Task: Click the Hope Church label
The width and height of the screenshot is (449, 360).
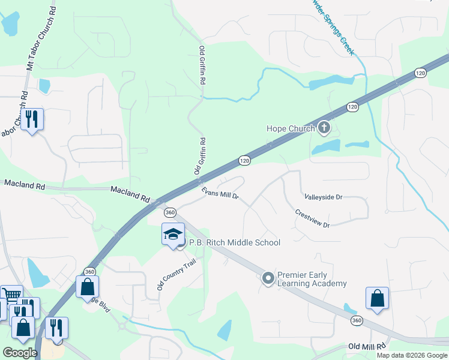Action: pyautogui.click(x=291, y=128)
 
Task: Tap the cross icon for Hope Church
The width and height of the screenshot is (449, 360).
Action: pyautogui.click(x=324, y=127)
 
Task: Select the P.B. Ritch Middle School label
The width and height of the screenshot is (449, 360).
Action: pyautogui.click(x=235, y=243)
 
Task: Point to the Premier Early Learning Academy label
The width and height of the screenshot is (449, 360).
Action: pyautogui.click(x=312, y=279)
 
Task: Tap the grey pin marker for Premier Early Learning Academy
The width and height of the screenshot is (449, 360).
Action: pyautogui.click(x=268, y=278)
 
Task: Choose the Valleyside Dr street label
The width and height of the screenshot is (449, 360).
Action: pyautogui.click(x=323, y=197)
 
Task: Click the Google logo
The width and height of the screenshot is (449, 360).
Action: pyautogui.click(x=20, y=352)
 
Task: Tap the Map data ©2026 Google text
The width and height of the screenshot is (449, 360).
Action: pyautogui.click(x=411, y=355)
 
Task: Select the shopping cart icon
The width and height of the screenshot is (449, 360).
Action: pyautogui.click(x=11, y=294)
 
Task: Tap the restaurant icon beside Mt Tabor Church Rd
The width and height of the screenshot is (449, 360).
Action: pyautogui.click(x=32, y=119)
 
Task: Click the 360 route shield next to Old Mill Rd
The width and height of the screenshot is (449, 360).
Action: pyautogui.click(x=357, y=321)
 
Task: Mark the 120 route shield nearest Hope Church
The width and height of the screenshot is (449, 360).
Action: pyautogui.click(x=352, y=107)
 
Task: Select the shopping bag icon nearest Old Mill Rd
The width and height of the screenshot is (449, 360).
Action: pyautogui.click(x=377, y=298)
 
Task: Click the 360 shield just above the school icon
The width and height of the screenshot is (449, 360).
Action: pyautogui.click(x=170, y=212)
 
